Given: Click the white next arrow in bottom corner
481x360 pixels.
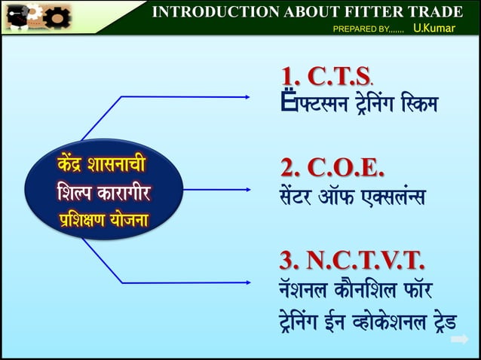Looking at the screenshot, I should [x=459, y=340].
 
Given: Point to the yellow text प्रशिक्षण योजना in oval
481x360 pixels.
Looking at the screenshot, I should [x=104, y=221].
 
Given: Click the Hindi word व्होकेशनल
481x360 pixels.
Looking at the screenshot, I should [x=374, y=325].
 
